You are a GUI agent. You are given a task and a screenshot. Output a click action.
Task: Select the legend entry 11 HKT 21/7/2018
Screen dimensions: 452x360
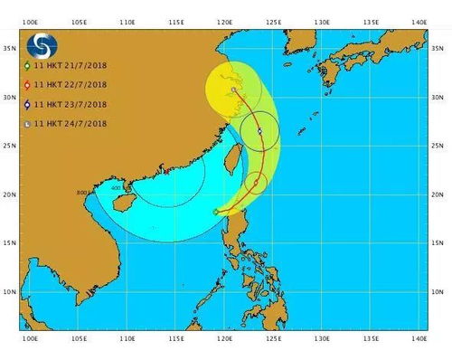(x=68, y=67)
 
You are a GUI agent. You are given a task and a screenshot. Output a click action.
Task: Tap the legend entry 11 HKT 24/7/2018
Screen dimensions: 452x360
(x=68, y=124)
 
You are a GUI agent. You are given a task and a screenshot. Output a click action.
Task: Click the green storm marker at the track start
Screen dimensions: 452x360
(x=215, y=213)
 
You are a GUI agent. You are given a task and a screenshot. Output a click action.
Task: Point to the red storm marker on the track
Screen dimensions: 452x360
(x=256, y=183)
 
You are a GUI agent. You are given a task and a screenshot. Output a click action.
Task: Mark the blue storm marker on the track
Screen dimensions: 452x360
(x=259, y=132)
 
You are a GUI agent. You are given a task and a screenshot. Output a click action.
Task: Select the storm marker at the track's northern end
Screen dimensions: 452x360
(x=234, y=90)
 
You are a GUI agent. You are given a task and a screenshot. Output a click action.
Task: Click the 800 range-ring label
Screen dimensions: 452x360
(x=82, y=193)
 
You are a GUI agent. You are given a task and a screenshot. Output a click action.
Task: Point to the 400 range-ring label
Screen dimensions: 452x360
(x=116, y=188)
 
